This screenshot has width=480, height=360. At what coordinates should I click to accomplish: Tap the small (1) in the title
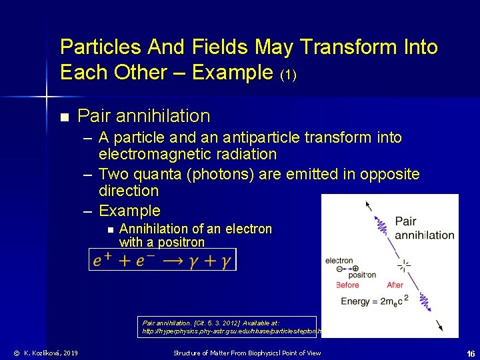[x=286, y=75]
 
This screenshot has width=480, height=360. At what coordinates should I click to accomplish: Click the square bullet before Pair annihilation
[x=64, y=117]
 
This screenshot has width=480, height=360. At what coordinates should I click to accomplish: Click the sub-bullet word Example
[x=129, y=211]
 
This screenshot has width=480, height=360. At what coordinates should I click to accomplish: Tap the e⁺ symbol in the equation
[x=103, y=260]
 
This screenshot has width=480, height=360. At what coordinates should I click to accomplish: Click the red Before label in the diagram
[x=347, y=285]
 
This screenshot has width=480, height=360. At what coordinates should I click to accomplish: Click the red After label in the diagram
[x=395, y=285]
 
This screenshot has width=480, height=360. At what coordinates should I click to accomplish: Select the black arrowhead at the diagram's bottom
[x=439, y=326]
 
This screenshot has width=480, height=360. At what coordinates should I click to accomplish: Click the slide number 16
[x=470, y=353]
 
